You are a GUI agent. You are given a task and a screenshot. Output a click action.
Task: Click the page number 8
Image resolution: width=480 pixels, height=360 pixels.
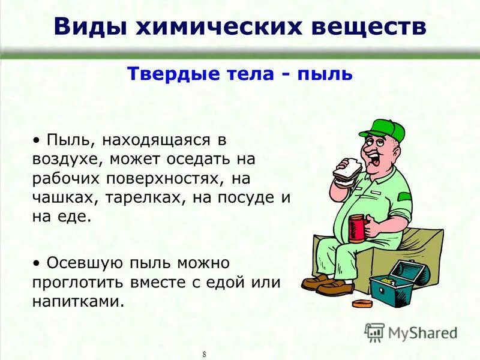205,354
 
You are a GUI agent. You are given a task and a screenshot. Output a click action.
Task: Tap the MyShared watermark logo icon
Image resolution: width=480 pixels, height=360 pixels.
374,332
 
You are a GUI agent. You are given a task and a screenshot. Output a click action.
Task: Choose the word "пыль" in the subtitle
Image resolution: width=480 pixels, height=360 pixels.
328,74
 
